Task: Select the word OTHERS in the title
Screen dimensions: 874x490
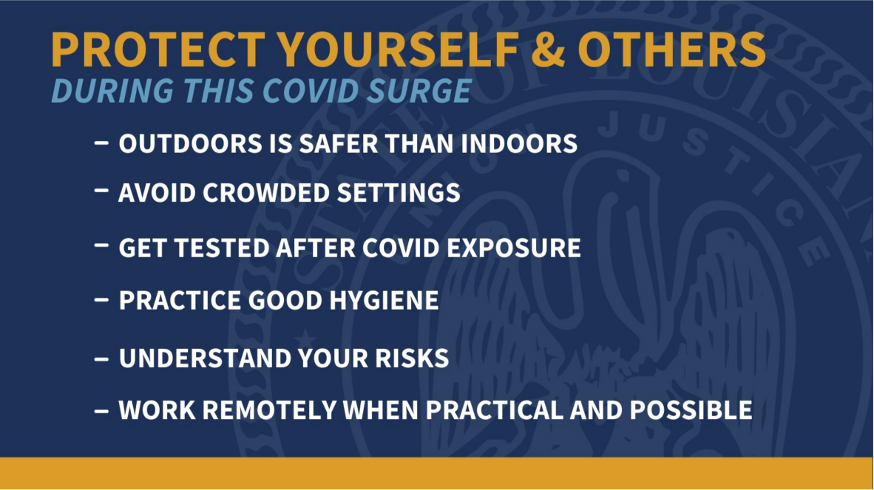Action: [x=671, y=50]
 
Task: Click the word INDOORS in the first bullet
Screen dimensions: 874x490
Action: [x=519, y=143]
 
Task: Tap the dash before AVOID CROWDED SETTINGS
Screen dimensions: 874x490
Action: [x=101, y=191]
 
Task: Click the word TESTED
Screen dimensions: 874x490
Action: [x=223, y=248]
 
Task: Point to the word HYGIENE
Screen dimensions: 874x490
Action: [x=384, y=301]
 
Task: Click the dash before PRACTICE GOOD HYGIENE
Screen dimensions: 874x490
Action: [x=101, y=300]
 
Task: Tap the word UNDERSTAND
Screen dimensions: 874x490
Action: [x=204, y=358]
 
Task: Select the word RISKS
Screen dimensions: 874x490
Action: [x=412, y=358]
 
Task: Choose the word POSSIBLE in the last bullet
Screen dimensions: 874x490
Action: [x=691, y=410]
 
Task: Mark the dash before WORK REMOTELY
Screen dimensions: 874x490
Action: [x=101, y=412]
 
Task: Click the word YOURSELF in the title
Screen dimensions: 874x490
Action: [x=399, y=50]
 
